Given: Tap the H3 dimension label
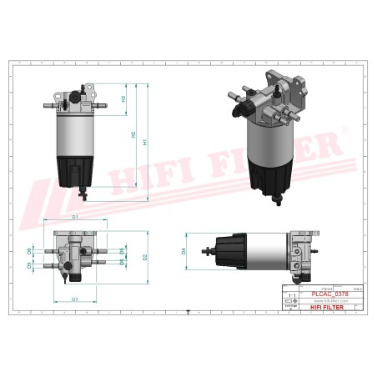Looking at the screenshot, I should coord(123,99).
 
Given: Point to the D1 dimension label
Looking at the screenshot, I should coord(75,217).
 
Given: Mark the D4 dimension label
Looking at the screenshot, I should coord(183,250).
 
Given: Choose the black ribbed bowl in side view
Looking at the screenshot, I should coord(227,250).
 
